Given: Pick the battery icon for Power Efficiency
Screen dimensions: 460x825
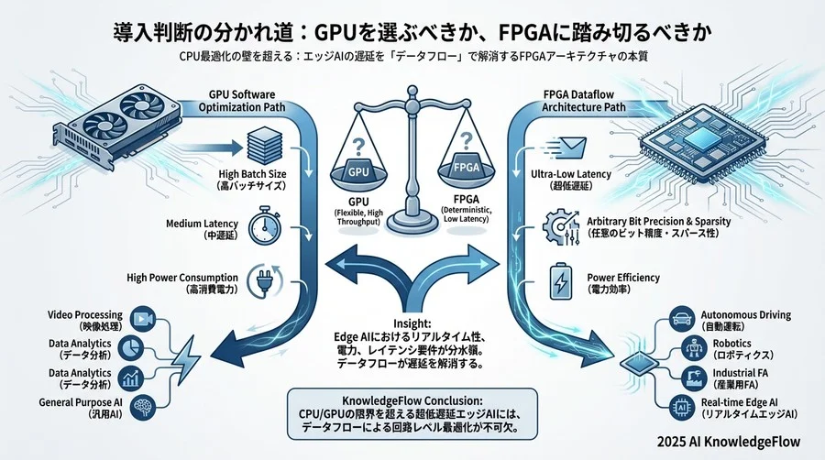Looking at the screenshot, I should click(559, 279).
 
